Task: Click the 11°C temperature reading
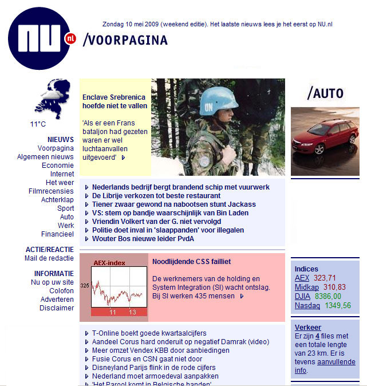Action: (x=38, y=124)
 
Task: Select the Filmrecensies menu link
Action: (x=51, y=191)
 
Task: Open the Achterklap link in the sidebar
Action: (x=57, y=200)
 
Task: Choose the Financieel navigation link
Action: (x=57, y=234)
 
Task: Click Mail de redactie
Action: (x=49, y=258)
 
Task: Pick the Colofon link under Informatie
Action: (x=61, y=291)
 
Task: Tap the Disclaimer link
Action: (x=57, y=308)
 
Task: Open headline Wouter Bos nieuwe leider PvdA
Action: (x=143, y=239)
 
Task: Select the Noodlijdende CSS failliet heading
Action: (x=191, y=262)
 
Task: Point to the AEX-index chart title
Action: (x=109, y=263)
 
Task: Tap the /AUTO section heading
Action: (x=325, y=93)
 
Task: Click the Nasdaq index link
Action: (x=306, y=306)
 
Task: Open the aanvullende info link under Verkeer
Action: (x=325, y=367)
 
